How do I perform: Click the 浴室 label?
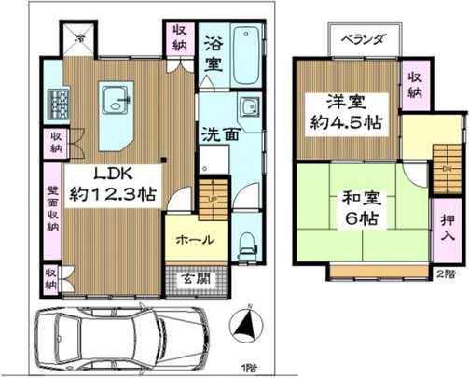click(x=214, y=53)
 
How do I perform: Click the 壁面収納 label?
click(x=52, y=211)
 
